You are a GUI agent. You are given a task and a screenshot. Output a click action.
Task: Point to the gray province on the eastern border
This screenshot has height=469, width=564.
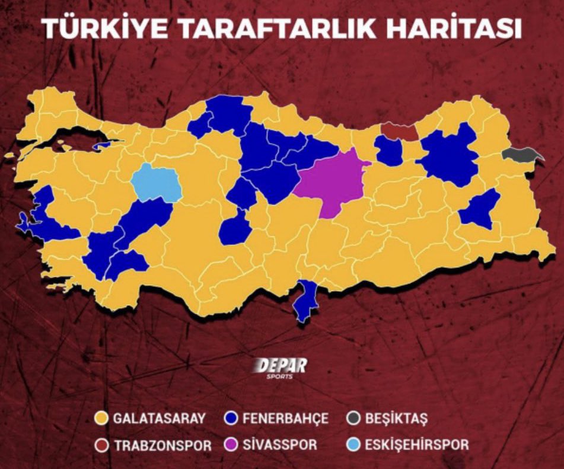(x=521, y=155)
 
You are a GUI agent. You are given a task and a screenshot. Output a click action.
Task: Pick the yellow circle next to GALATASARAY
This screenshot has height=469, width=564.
(x=102, y=419)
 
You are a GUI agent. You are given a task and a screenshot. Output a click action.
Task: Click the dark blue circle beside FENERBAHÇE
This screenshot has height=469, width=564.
(x=232, y=419)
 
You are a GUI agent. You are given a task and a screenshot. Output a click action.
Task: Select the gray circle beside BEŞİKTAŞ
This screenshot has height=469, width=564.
(x=353, y=419)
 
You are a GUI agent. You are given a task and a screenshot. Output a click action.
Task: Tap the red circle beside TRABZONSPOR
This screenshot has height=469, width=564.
(x=102, y=445)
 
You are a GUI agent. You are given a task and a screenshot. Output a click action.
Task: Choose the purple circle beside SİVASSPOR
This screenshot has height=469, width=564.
(x=232, y=445)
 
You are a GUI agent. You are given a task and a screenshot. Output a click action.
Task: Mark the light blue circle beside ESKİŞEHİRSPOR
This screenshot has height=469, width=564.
(x=353, y=445)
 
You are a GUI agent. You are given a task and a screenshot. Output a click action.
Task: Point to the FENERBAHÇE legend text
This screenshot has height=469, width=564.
(x=285, y=419)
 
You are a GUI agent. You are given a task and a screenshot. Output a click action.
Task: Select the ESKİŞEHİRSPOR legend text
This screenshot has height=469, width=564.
(x=415, y=445)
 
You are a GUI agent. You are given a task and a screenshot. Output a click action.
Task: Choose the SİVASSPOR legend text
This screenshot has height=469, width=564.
(x=279, y=445)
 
